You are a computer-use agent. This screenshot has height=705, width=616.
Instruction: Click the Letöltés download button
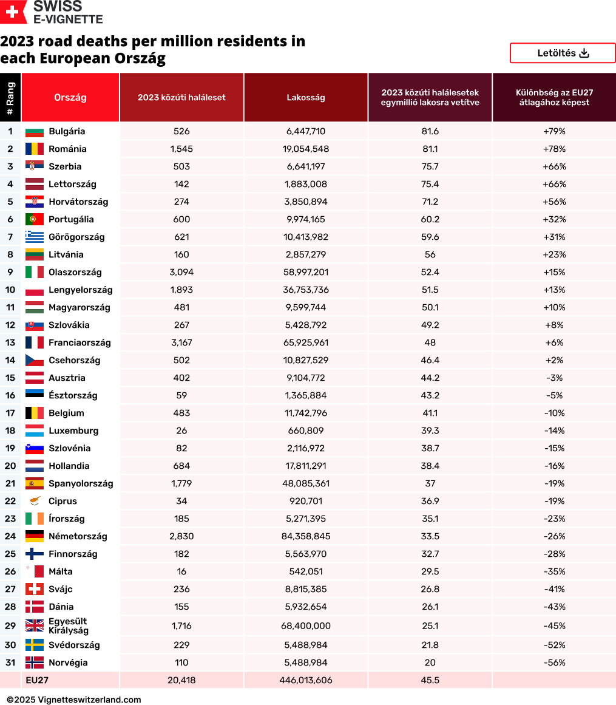(x=563, y=53)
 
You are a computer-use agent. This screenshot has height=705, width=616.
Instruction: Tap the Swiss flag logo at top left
(x=13, y=12)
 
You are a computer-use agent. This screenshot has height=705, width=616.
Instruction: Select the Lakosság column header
(x=306, y=97)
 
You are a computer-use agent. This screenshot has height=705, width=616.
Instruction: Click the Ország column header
(x=70, y=97)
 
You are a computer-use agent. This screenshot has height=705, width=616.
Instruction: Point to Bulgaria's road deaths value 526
(x=181, y=131)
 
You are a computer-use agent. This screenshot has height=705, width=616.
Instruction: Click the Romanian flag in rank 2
(x=34, y=149)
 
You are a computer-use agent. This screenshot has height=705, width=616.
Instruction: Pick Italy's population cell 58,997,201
(x=306, y=272)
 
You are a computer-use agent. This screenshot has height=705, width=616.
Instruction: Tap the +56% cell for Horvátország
(x=554, y=202)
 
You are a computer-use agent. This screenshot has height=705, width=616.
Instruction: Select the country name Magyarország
(x=80, y=307)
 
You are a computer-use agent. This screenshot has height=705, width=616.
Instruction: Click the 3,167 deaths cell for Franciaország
(x=181, y=342)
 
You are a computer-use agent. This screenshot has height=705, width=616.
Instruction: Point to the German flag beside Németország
(x=34, y=536)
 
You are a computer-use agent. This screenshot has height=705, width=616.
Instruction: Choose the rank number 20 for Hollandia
(x=10, y=466)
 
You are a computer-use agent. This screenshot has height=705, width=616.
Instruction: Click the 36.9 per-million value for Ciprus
(x=430, y=501)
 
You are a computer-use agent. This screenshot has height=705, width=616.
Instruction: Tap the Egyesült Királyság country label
(x=68, y=626)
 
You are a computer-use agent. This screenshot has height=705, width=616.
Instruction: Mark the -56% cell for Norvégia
(x=554, y=662)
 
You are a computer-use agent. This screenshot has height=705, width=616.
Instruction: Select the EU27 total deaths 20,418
(x=181, y=680)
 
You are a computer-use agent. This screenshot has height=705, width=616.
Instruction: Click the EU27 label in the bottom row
(x=37, y=680)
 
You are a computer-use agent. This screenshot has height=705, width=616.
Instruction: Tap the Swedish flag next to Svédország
(x=34, y=645)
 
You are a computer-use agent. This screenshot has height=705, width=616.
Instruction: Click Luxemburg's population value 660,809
(x=306, y=431)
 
